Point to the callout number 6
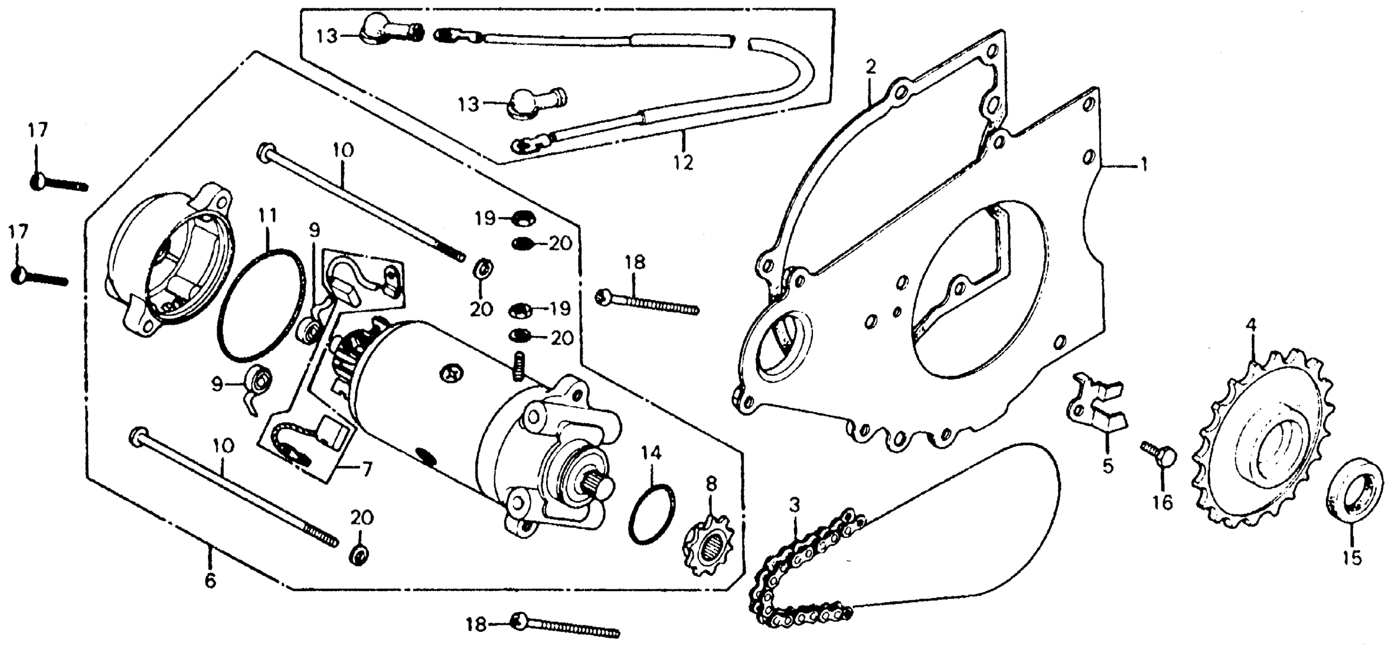(210, 580)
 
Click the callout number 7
(367, 468)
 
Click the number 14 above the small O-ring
(652, 453)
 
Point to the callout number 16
(1163, 503)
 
